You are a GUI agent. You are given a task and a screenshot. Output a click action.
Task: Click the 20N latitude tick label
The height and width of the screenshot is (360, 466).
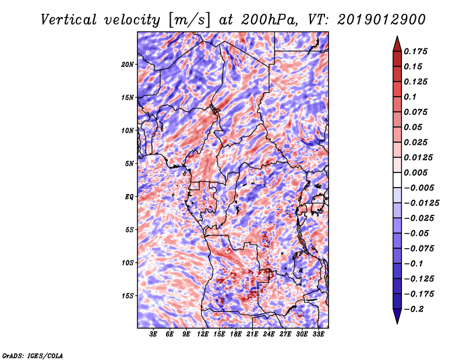coord(127,65)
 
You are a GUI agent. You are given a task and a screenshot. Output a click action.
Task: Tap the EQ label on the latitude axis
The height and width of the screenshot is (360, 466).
coord(129,197)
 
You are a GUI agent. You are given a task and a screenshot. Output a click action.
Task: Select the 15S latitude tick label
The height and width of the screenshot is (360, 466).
coord(127,296)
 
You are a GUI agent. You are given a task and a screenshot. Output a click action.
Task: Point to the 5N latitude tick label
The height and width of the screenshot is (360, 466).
coord(129,164)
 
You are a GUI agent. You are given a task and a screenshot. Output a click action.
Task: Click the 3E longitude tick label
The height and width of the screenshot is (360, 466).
coord(153,334)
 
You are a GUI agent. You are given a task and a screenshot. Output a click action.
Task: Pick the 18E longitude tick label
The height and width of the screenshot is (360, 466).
coord(236,334)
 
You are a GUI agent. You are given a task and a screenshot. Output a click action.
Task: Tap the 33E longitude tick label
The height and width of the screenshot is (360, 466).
coord(318,334)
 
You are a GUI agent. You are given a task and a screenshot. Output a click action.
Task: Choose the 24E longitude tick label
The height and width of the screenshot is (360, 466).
coord(269,334)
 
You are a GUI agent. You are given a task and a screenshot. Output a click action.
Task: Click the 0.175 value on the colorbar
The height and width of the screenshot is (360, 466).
coord(415,51)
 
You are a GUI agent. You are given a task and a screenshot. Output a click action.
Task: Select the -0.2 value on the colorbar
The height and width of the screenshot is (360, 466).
coord(414,309)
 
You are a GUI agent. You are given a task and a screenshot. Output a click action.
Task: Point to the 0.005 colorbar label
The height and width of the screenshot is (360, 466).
coord(415,172)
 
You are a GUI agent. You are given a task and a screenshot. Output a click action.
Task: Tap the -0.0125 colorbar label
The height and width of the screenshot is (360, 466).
coord(421,203)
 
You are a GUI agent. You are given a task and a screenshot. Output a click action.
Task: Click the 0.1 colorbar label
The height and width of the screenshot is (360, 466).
coord(410,97)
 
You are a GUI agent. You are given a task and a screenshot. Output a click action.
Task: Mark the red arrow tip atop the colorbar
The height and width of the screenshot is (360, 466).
coord(397,36)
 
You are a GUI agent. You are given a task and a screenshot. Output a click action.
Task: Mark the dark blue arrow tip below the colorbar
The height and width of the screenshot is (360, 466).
coord(397,323)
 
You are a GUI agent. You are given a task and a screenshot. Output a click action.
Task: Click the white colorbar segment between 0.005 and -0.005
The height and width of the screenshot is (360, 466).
coord(397,180)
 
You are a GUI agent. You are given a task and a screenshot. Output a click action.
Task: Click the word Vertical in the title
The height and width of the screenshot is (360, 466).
coord(69,20)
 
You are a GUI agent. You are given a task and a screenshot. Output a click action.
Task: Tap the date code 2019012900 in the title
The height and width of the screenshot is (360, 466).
coord(382,20)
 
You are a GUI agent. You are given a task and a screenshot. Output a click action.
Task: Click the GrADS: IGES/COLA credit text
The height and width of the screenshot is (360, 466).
coord(33,355)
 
